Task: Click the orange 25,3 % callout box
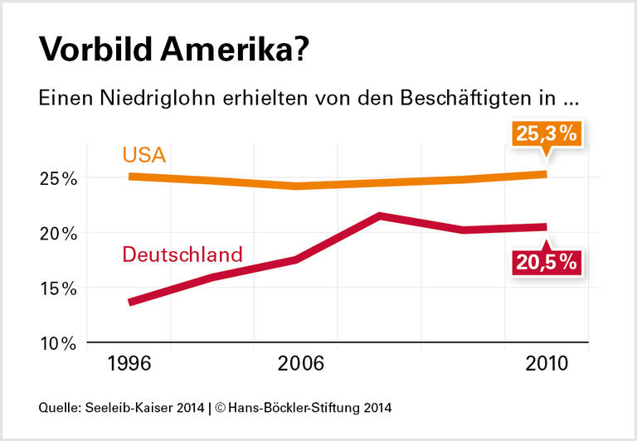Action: (546, 134)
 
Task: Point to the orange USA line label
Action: (145, 155)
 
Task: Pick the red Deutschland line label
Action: (182, 254)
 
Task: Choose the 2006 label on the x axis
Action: (296, 364)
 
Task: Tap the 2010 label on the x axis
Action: (546, 364)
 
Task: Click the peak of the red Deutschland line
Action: (380, 216)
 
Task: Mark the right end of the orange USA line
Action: (545, 174)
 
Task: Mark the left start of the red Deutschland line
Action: (130, 303)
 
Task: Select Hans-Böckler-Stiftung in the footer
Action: (290, 408)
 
